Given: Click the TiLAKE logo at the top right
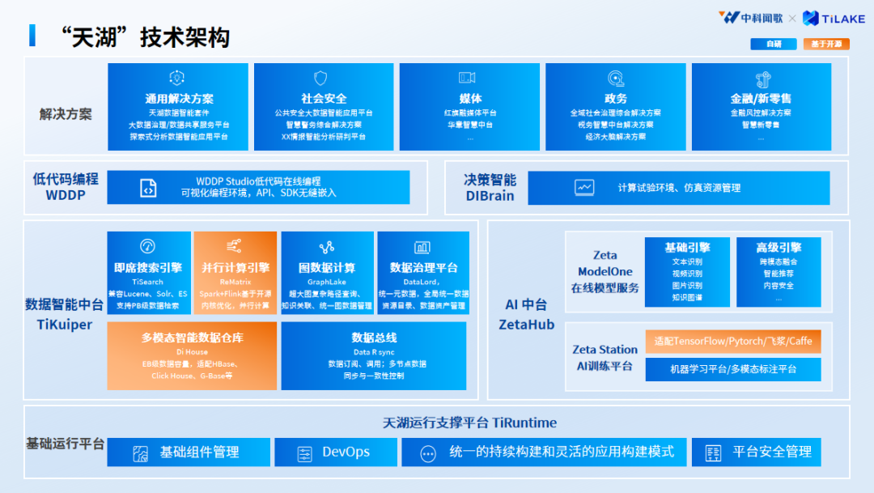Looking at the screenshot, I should coord(833,18).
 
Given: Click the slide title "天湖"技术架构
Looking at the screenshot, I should coord(145,36).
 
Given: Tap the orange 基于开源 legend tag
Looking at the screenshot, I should coord(826,44).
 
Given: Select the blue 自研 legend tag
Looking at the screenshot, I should coord(773,44).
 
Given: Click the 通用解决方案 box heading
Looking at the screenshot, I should coord(179,98).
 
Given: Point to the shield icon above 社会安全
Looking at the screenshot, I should coord(320,79).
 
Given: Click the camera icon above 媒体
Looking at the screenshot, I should coord(467,79).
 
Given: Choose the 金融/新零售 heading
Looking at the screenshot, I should coord(761,98).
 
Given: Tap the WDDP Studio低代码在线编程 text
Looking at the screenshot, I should coord(258,181).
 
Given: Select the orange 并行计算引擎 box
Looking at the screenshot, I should coord(235,272).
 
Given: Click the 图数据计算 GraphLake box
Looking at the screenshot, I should coord(327,272).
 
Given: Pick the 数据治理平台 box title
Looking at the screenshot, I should coord(423,267).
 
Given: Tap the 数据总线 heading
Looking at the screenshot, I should coord(374,338).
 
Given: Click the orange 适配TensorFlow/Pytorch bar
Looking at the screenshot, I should coord(733,342).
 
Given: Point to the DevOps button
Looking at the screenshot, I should coord(333,452).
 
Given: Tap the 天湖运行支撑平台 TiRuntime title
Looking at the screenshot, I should coord(469,423).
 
